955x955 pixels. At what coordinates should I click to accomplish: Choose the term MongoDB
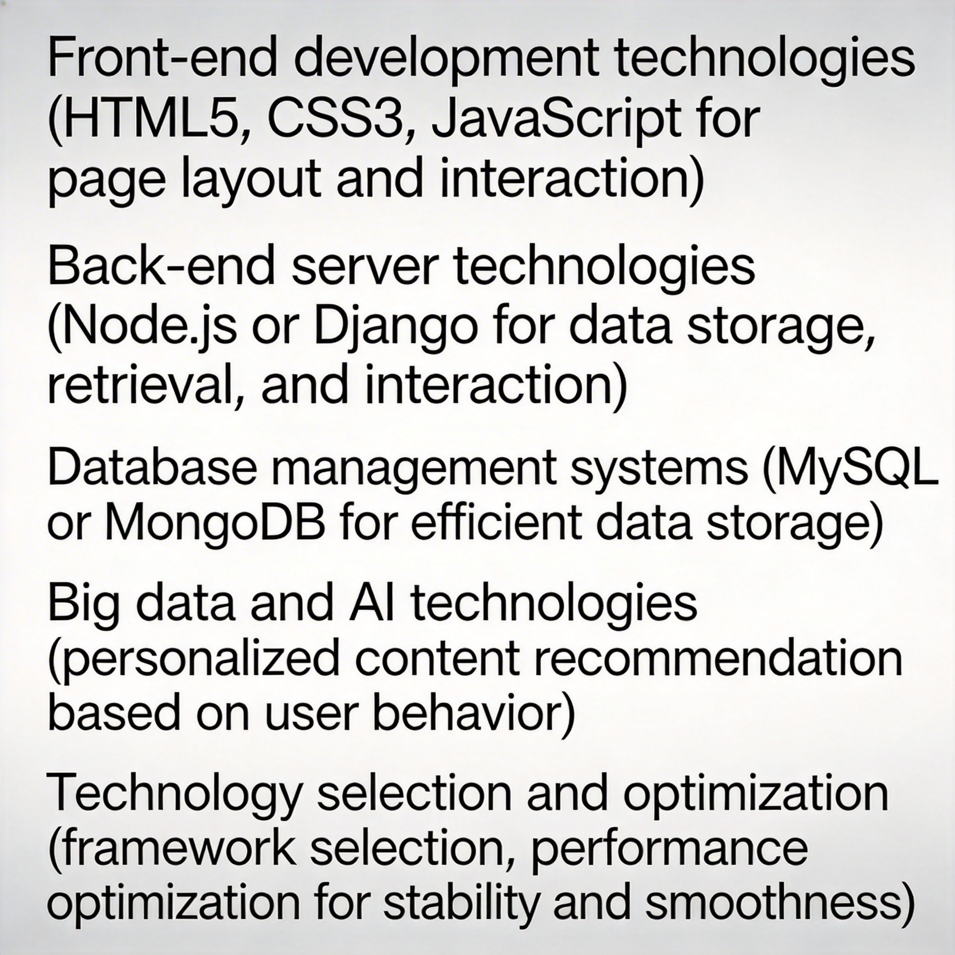click(x=215, y=524)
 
